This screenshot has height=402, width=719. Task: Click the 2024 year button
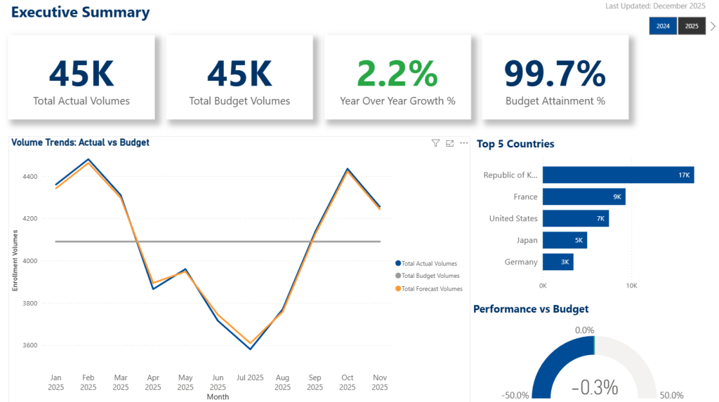663,26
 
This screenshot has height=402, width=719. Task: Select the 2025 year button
692,26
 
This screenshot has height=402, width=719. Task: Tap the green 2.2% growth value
397,73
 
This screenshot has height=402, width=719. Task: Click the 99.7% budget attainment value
555,73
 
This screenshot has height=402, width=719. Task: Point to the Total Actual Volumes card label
81,101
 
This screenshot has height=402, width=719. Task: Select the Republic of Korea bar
618,175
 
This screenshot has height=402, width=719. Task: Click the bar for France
583,196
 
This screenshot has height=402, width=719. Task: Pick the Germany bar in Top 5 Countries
558,262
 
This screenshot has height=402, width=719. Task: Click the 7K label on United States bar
600,218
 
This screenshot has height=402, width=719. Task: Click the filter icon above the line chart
435,143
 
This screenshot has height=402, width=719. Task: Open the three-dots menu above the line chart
463,143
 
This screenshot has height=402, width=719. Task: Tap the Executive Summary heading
81,12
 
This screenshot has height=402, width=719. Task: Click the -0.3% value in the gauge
594,387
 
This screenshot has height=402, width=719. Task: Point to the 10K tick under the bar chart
631,286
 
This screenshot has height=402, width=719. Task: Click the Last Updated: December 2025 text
655,6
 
